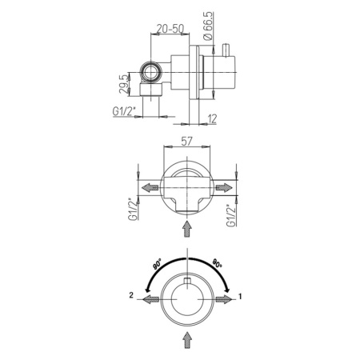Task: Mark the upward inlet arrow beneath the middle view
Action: pyautogui.click(x=187, y=227)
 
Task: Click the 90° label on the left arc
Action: pyautogui.click(x=158, y=265)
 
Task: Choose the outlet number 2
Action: pyautogui.click(x=129, y=297)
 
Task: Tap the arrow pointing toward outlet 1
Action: pyautogui.click(x=226, y=298)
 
